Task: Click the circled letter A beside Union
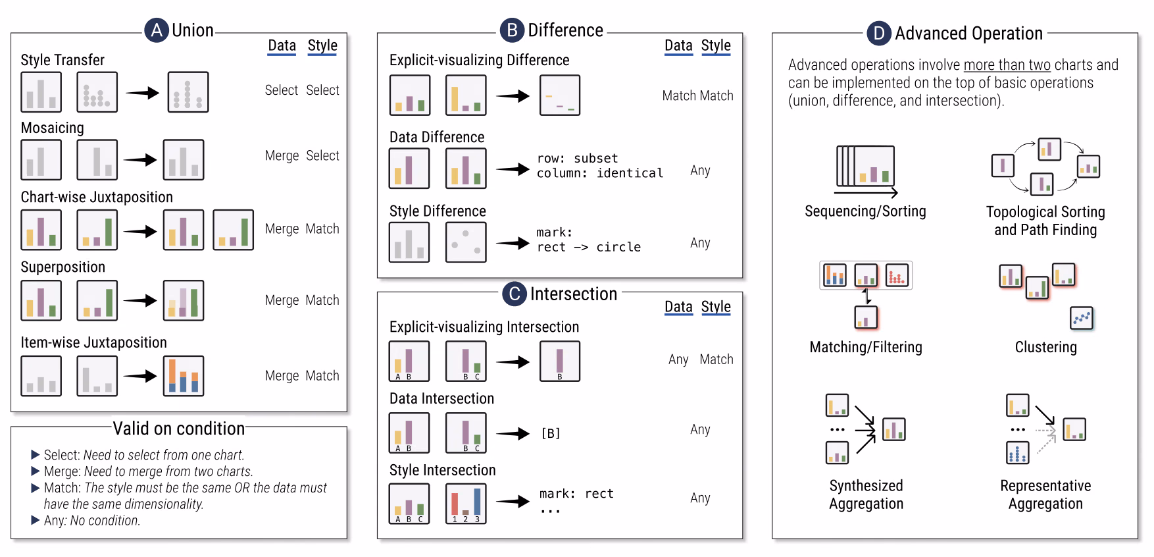coord(157,30)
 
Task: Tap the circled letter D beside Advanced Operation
coord(879,34)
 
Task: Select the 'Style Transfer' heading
coord(63,60)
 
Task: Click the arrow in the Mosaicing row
coord(140,159)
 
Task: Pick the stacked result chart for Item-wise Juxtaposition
coord(184,376)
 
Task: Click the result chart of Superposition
coord(184,300)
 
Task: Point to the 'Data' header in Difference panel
coord(678,45)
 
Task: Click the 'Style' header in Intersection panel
coord(716,307)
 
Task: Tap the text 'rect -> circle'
coord(589,247)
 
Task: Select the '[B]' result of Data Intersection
coord(551,433)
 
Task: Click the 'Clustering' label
coord(1045,347)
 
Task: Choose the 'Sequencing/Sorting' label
coord(865,211)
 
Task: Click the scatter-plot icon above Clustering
coord(1082,318)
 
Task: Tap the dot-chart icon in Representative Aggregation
coord(1018,452)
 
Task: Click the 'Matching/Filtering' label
coord(866,347)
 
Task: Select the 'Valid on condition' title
coord(179,429)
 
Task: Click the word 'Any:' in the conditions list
coord(55,520)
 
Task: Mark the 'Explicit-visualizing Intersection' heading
coord(484,327)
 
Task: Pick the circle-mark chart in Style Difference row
coord(466,242)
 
